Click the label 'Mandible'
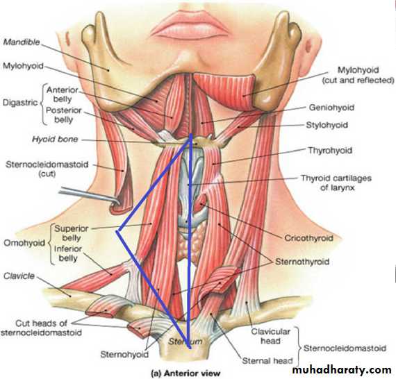(22, 42)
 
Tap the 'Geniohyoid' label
(331, 108)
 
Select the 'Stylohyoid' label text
(327, 125)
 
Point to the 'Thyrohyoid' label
(330, 151)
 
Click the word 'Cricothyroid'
(308, 238)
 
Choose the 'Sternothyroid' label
(302, 262)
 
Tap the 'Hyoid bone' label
(55, 140)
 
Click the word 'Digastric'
(20, 103)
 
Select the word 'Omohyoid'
(24, 243)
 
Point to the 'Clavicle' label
(19, 276)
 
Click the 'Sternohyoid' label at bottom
(124, 355)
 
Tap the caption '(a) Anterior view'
(185, 373)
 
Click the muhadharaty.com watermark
(342, 370)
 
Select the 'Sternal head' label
(267, 361)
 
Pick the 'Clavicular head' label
(270, 336)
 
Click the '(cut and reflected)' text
(358, 81)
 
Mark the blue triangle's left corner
(117, 231)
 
